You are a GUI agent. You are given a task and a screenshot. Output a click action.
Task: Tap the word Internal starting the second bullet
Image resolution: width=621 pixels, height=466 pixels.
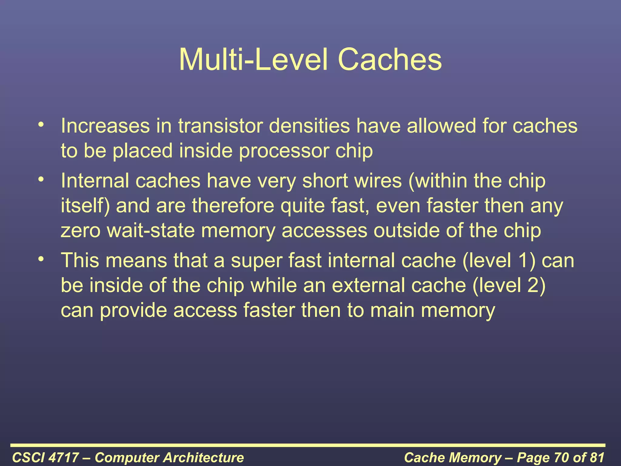click(95, 181)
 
